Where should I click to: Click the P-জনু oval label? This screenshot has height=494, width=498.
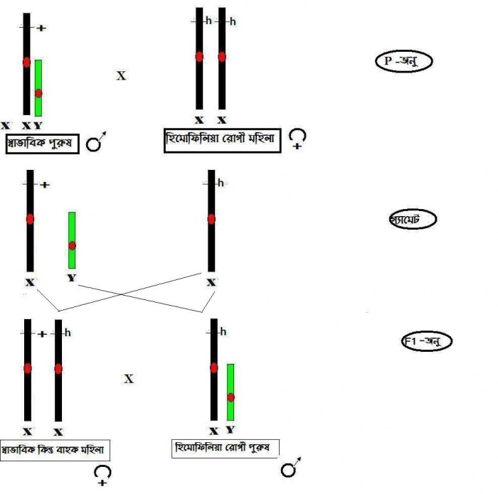click(x=403, y=61)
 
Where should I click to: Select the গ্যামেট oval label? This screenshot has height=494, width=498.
click(x=406, y=220)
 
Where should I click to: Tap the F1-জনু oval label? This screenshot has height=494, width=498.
click(x=425, y=342)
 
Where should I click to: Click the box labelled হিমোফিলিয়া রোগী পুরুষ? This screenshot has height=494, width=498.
click(x=226, y=448)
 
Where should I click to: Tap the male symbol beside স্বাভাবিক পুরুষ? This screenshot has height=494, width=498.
click(x=95, y=144)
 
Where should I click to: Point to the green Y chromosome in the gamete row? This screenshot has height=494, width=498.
click(x=71, y=240)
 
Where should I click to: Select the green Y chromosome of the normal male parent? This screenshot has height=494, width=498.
click(x=38, y=87)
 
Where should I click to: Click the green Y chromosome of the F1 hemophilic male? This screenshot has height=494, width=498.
click(x=230, y=392)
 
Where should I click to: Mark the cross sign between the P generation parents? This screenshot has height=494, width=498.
click(x=121, y=75)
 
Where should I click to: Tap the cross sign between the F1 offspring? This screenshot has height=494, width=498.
click(x=129, y=380)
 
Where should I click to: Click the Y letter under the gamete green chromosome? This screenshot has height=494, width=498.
click(x=71, y=278)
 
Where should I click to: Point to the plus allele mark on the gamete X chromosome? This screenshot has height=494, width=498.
click(x=45, y=185)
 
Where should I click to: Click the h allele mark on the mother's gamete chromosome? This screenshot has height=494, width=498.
click(x=221, y=183)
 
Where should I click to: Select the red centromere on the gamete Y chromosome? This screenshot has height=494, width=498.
click(x=71, y=245)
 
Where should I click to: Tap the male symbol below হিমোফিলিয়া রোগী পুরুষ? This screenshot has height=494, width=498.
click(x=289, y=470)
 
